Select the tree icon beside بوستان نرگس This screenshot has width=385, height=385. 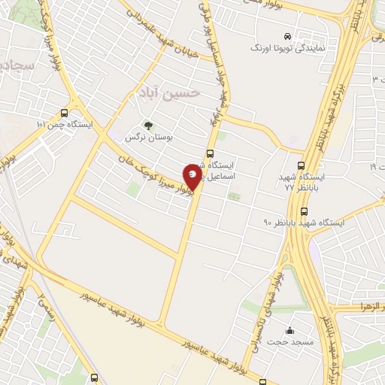[148, 125]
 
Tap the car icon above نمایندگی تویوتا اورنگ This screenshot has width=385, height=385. [286, 35]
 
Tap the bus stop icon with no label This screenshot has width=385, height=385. [94, 377]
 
